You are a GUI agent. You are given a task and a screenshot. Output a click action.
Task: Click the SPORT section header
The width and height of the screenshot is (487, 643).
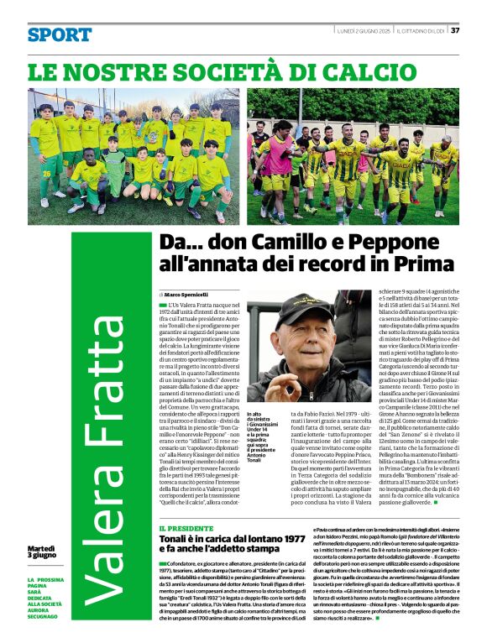coord(59,34)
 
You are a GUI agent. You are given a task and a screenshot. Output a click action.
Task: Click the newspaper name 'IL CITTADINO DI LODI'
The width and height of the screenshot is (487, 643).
coord(420,30)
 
